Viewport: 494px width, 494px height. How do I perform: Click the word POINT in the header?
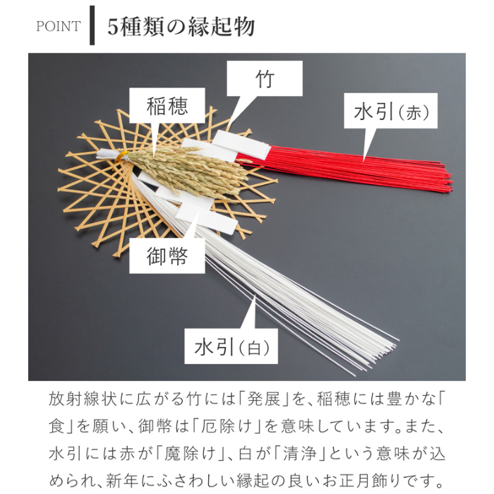click(x=58, y=27)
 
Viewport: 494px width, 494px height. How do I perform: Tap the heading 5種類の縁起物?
click(x=181, y=27)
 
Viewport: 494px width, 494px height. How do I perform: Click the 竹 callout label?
click(x=264, y=78)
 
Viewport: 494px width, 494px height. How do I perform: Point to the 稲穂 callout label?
click(x=167, y=106)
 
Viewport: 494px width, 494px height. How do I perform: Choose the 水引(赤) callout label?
click(x=390, y=111)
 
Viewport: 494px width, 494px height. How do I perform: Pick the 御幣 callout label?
click(x=167, y=255)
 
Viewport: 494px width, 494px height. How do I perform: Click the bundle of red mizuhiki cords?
click(x=367, y=169)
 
